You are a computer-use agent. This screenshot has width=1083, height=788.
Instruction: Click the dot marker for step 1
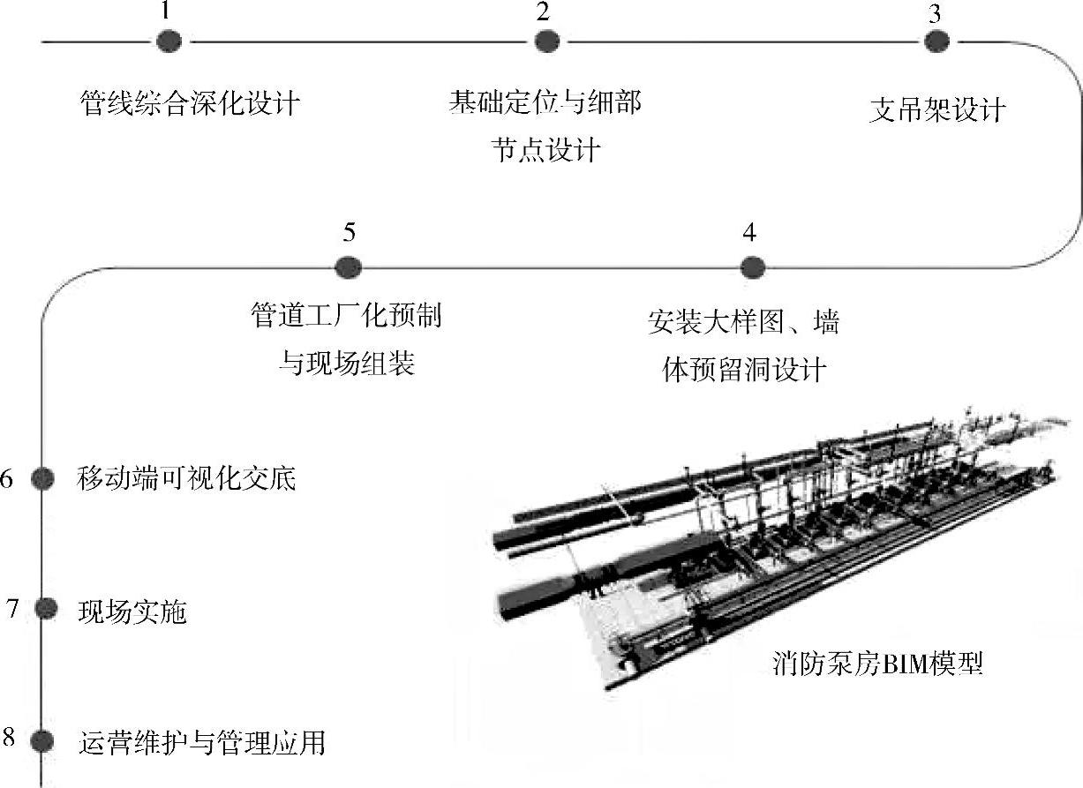[x=169, y=41]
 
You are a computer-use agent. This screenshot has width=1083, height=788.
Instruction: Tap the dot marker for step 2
[x=546, y=41]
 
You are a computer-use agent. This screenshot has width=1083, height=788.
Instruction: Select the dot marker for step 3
[x=936, y=41]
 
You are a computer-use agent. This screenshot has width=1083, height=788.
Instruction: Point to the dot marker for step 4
[x=750, y=266]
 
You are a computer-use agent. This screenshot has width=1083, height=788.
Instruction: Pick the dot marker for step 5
[x=349, y=266]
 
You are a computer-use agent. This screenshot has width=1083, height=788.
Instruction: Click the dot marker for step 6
[x=42, y=478]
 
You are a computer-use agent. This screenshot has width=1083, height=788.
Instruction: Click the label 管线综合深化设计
[x=190, y=104]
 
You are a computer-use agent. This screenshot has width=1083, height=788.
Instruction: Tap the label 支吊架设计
[x=937, y=110]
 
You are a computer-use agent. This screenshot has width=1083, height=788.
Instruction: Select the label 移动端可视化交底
[x=186, y=479]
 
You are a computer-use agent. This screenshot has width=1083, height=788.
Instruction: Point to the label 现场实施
[x=132, y=611]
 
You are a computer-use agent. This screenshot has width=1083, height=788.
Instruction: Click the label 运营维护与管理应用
[x=202, y=742]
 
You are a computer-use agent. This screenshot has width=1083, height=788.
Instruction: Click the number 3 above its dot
[x=934, y=13]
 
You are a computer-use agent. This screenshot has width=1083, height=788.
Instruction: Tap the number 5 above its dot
[x=350, y=233]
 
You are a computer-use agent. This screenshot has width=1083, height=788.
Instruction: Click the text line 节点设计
[x=545, y=149]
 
